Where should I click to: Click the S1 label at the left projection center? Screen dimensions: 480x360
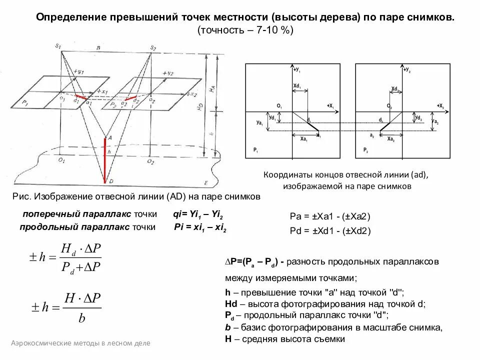58,46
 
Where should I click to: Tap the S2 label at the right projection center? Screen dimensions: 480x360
153,47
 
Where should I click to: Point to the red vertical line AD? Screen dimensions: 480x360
104,160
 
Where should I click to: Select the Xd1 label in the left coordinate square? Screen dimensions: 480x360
297,86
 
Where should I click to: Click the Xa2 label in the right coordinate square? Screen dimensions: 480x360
390,139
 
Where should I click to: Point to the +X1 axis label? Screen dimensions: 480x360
330,106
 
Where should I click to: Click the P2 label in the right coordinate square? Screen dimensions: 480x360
365,150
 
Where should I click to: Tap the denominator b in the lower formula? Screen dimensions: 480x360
82,318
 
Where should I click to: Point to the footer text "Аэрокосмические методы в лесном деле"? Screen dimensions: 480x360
80,343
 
